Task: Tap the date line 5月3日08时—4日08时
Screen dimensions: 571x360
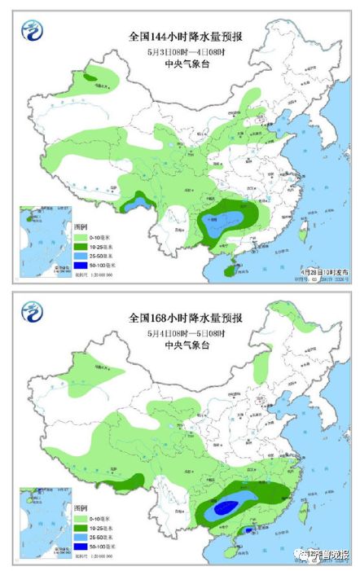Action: (x=180, y=52)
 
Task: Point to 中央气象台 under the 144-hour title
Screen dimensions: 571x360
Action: (x=180, y=65)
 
